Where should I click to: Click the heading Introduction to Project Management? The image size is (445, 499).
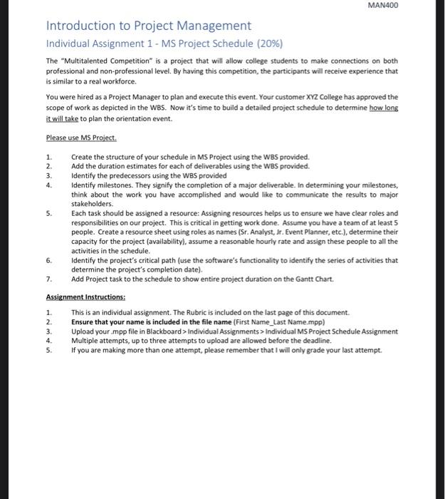(x=149, y=26)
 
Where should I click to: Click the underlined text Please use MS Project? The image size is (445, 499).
(x=81, y=138)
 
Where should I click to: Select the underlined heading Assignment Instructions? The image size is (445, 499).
(x=85, y=297)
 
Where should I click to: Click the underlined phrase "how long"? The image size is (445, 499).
(x=384, y=106)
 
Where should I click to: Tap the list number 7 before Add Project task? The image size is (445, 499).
(x=49, y=279)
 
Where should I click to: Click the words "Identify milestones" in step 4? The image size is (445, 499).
(x=100, y=185)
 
